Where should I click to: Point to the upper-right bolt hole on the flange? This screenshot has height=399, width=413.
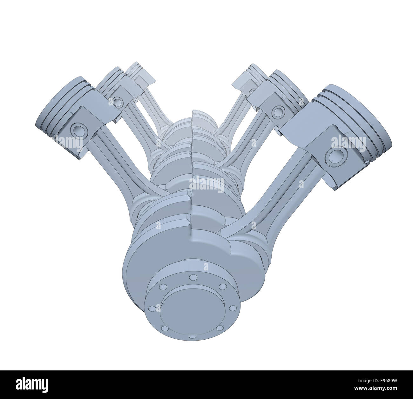(x=223, y=287)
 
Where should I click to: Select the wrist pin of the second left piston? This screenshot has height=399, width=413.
(x=118, y=102)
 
